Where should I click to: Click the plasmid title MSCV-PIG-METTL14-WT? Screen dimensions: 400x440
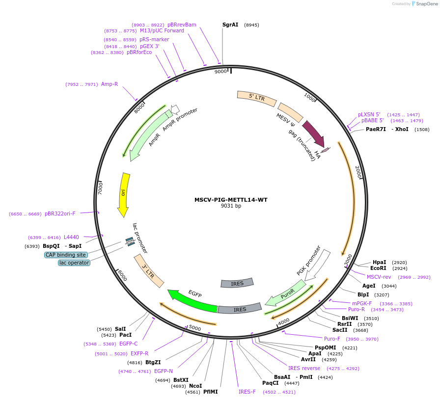click(x=231, y=200)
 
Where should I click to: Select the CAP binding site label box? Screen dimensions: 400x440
click(x=66, y=255)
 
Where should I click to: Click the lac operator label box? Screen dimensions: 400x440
click(x=74, y=263)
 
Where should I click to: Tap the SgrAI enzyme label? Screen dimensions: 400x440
click(x=230, y=25)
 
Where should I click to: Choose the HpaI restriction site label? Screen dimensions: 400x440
click(x=379, y=262)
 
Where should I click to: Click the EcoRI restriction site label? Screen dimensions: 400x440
click(x=378, y=268)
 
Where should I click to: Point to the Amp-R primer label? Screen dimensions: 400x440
click(x=110, y=84)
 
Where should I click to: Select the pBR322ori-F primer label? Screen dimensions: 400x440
click(x=60, y=213)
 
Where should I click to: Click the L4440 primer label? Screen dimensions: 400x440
click(x=71, y=237)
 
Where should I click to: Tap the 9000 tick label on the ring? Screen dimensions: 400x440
click(x=220, y=72)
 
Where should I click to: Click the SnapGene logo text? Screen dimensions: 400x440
click(x=425, y=4)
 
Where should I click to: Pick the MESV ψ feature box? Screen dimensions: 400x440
click(x=290, y=112)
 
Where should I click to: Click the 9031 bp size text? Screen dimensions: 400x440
click(x=231, y=206)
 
